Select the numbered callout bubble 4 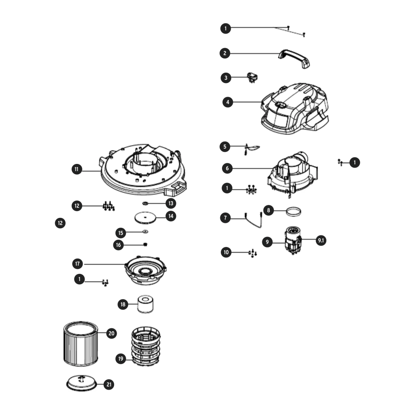(x=228, y=102)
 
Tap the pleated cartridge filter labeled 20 (x=81, y=344)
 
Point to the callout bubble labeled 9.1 (x=321, y=240)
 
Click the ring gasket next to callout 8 (x=293, y=212)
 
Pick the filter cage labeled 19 (x=146, y=346)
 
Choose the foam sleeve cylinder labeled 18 (x=145, y=304)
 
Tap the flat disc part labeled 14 (x=145, y=218)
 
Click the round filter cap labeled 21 (x=81, y=383)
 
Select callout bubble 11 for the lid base (x=77, y=169)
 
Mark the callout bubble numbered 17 (x=78, y=264)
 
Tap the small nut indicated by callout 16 (x=145, y=244)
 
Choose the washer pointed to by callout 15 (x=145, y=232)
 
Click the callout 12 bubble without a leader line (x=60, y=223)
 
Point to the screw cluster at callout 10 (x=252, y=253)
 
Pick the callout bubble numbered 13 (x=171, y=203)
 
